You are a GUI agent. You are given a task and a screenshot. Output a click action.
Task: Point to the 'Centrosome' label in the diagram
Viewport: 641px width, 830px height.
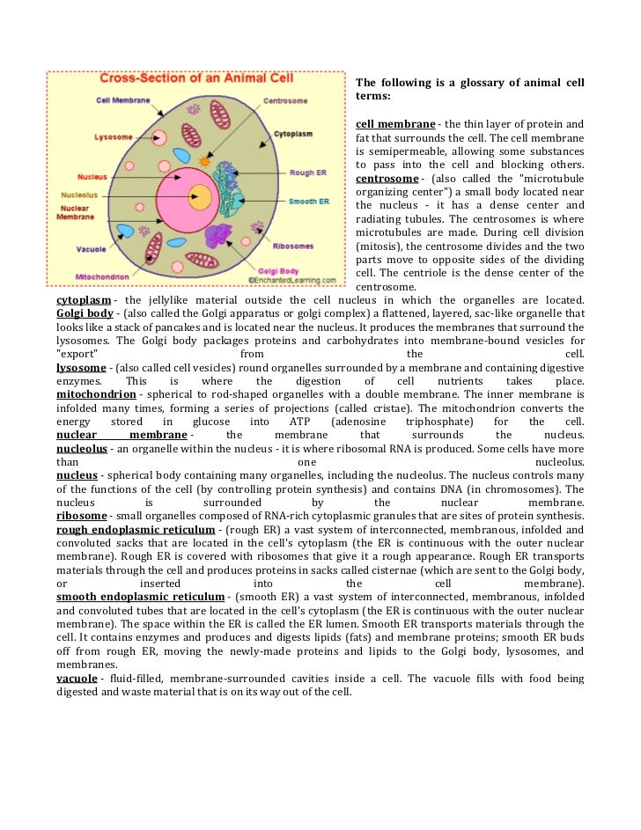[x=284, y=100]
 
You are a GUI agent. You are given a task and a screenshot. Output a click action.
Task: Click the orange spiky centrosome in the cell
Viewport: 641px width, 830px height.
[x=205, y=161]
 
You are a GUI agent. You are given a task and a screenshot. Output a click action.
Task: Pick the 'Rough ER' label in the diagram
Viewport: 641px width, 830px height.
[x=309, y=173]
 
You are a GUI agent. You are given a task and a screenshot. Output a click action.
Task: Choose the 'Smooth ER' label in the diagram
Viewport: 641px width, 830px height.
[x=309, y=202]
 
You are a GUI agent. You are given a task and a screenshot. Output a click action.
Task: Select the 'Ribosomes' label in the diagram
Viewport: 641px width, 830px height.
[x=293, y=246]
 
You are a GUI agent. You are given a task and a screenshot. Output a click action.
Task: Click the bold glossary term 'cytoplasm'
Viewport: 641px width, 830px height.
[x=84, y=300]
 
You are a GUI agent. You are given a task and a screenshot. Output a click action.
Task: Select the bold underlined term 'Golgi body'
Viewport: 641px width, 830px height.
[x=85, y=313]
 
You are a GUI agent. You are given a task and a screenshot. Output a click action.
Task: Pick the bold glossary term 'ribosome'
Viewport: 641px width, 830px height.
[x=81, y=515]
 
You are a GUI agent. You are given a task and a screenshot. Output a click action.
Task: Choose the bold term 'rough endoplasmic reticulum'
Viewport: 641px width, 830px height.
[x=136, y=530]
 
